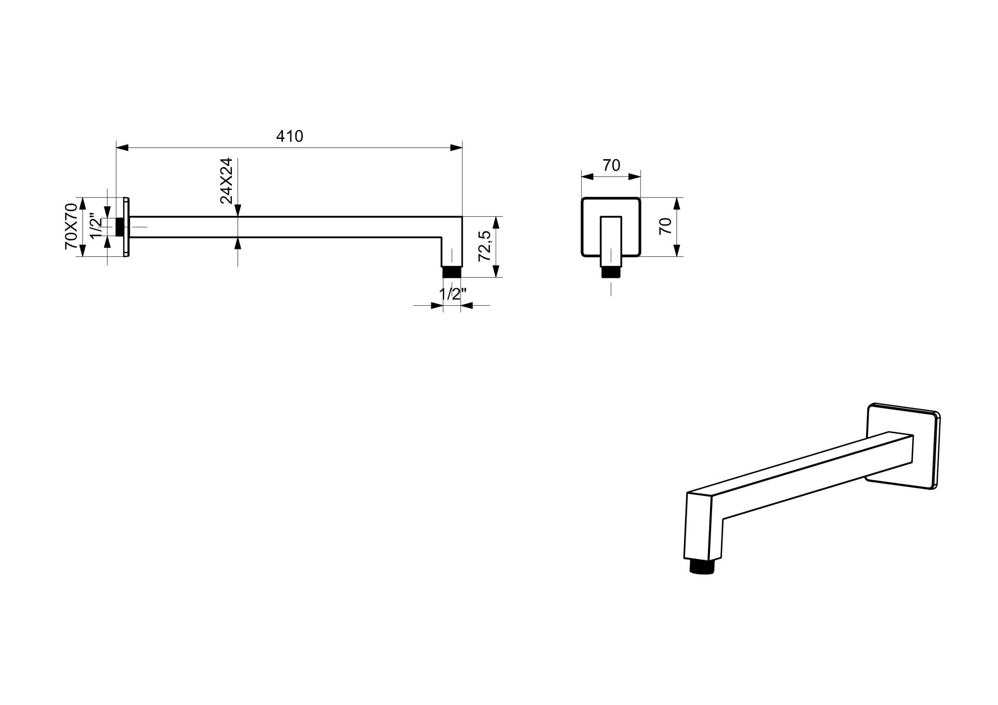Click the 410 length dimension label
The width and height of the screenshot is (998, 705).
coord(289,136)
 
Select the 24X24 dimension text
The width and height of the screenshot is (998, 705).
coord(226,180)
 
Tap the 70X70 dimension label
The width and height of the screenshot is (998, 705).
coord(71,226)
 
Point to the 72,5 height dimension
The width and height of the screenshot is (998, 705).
coord(484,246)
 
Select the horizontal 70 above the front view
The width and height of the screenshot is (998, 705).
coord(611,165)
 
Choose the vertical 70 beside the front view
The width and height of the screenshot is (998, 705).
coord(665,226)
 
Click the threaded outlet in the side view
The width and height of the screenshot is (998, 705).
coord(451,272)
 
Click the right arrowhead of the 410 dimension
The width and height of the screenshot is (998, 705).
coord(456,148)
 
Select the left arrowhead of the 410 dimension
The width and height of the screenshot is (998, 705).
coord(122,148)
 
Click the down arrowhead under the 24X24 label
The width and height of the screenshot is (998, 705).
coord(238,210)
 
